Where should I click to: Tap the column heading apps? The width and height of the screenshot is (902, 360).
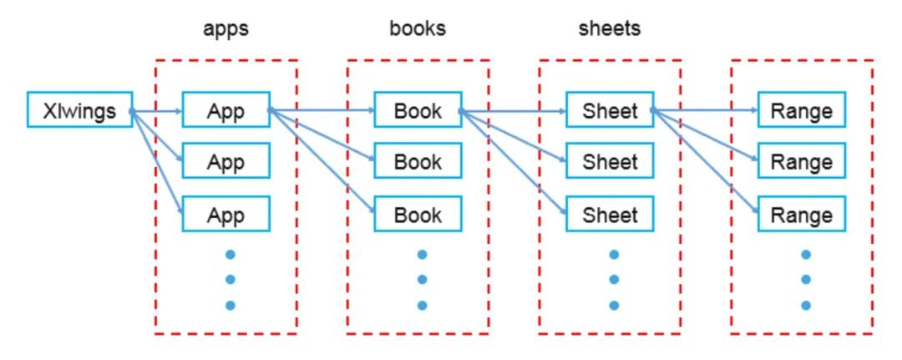225,28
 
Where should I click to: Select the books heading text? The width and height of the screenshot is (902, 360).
418,28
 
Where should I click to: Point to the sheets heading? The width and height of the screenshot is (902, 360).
610,28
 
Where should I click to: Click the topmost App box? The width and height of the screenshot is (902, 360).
225,110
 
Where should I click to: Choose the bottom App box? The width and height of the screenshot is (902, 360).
225,214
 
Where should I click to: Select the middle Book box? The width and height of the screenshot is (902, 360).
418,161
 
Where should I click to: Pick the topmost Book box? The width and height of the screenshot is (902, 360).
418,110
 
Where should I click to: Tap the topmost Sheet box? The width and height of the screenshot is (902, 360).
610,110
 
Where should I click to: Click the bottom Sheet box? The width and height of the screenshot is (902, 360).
610,214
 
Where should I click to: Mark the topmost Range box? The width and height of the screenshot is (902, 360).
801,110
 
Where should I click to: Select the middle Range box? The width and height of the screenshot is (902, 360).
801,161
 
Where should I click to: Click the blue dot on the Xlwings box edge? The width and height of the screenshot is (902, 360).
132,110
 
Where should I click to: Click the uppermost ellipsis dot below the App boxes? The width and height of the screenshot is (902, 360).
231,254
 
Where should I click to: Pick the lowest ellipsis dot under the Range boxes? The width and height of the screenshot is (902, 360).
806,305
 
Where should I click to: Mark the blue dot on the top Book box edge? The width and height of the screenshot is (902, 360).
461,110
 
